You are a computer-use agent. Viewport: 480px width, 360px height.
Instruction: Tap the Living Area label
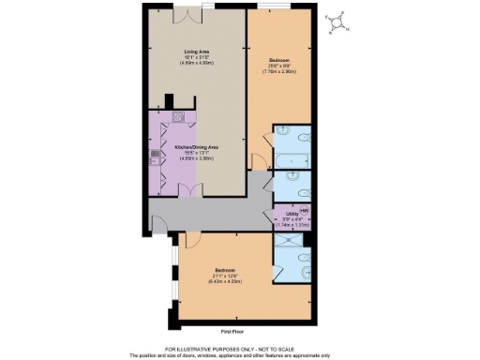[196, 52]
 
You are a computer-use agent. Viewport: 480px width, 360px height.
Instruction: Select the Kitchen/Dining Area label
[196, 148]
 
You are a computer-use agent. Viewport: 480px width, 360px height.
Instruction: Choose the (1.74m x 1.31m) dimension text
[292, 226]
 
